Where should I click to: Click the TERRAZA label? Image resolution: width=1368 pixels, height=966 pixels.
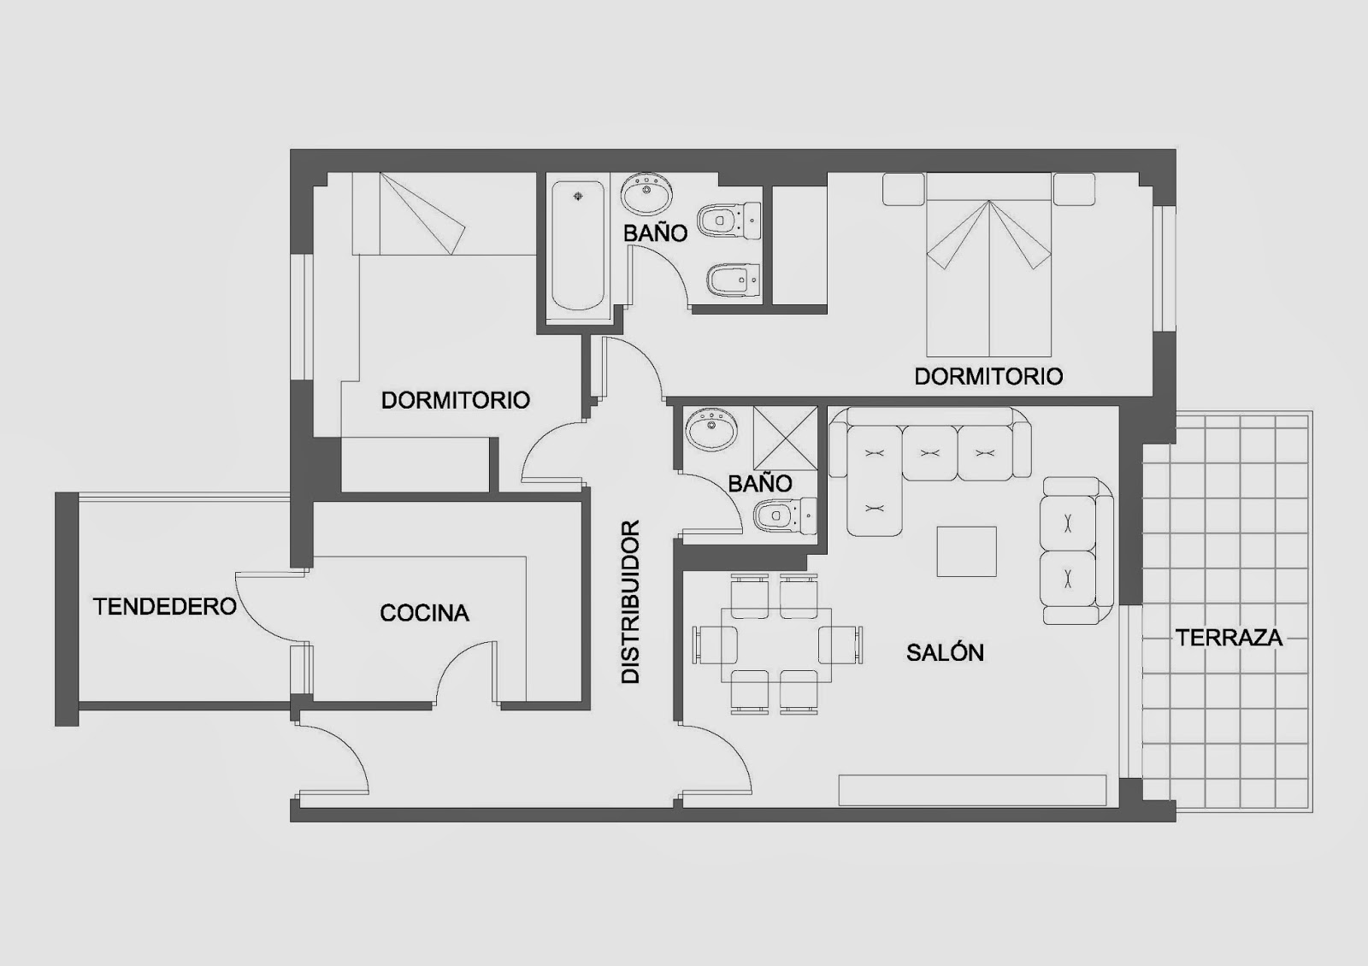click(1229, 638)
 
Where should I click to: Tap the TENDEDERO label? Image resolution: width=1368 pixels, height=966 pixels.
click(165, 606)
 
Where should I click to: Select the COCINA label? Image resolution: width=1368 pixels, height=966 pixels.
click(424, 613)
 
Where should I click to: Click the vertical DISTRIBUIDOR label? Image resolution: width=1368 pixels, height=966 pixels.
click(629, 602)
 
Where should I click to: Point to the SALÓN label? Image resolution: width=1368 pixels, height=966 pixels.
click(945, 653)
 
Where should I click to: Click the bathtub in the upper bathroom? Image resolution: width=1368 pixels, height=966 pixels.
click(578, 245)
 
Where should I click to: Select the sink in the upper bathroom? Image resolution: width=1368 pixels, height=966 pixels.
click(646, 193)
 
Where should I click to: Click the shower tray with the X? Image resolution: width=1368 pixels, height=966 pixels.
click(785, 439)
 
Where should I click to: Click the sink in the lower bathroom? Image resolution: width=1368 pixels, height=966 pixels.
click(711, 429)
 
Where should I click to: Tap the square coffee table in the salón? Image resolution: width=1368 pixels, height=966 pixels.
click(967, 551)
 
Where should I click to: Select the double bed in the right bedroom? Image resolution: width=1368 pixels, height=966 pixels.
click(988, 264)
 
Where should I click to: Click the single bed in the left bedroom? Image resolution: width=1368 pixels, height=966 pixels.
click(444, 213)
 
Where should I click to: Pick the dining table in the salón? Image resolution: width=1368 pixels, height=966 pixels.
click(776, 645)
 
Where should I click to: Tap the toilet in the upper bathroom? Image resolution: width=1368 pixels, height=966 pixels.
click(730, 220)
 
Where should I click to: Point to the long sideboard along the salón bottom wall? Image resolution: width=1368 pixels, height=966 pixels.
click(972, 790)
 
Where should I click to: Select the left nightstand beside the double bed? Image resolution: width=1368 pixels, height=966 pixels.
click(903, 189)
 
